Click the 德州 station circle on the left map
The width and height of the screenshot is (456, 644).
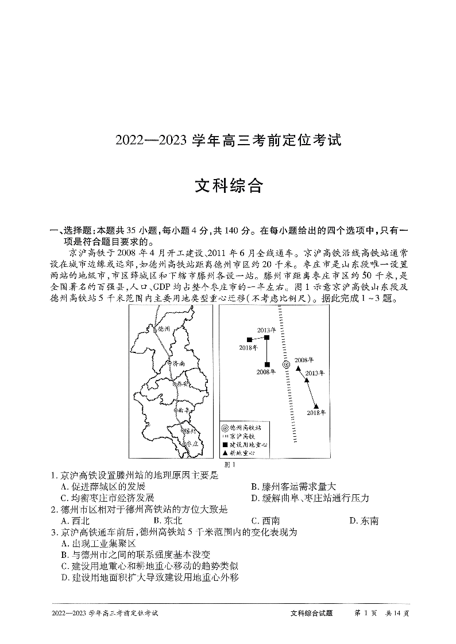coord(154,329)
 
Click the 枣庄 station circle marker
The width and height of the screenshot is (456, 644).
coord(183,444)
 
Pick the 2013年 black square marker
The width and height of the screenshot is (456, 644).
coord(266,337)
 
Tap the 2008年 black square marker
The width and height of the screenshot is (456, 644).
coord(267,364)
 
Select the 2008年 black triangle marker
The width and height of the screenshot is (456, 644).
coord(297,368)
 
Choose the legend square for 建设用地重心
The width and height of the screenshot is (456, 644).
coord(225,445)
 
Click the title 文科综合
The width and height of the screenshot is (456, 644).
coord(228,187)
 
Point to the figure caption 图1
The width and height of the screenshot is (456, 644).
coord(229,464)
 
